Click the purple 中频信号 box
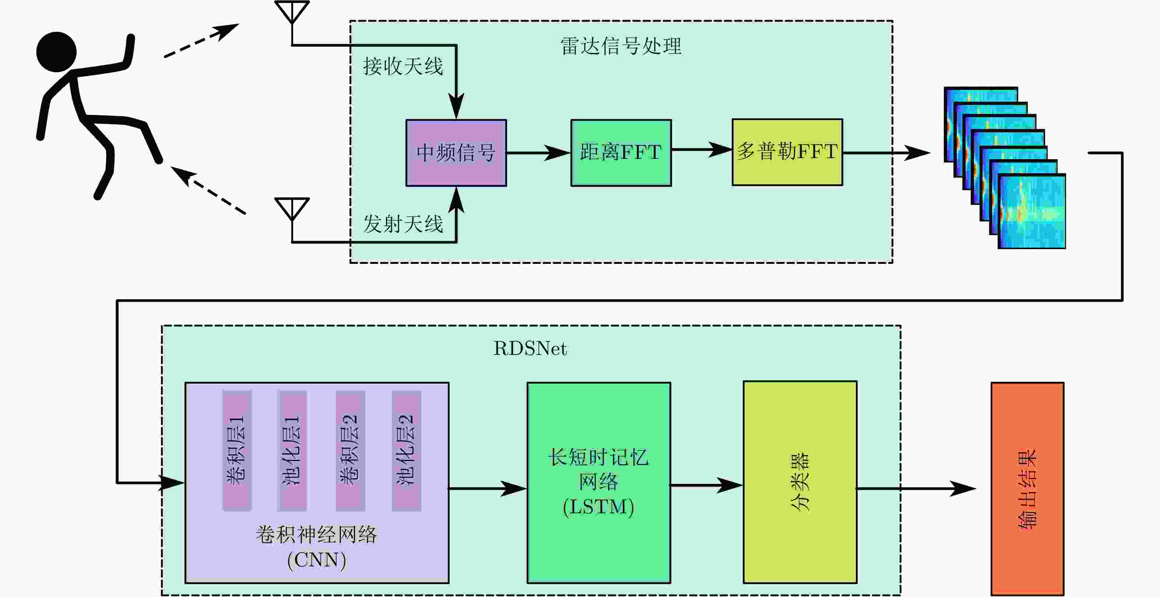456,153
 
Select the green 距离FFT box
621,153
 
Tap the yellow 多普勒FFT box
787,152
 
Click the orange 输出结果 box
1027,489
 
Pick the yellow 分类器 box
800,482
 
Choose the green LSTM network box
599,483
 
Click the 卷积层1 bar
237,451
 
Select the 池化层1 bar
293,451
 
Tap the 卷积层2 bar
350,451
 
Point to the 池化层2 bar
406,451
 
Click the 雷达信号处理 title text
621,46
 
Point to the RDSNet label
530,348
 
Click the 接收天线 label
403,67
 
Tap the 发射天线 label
403,224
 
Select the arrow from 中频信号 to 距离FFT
538,153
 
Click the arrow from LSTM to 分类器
707,485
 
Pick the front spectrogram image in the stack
1031,211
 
